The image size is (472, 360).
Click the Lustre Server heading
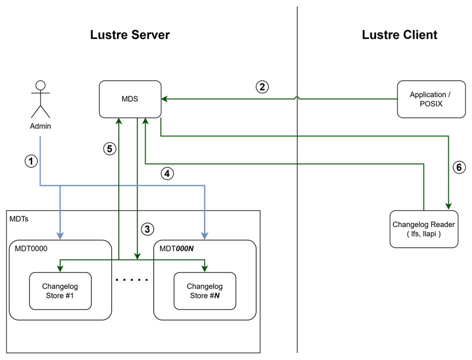tap(130, 35)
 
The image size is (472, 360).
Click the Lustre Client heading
tap(399, 35)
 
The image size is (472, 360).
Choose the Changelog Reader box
tap(424, 229)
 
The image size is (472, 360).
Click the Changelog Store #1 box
tap(60, 290)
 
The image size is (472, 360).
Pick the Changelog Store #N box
tap(204, 290)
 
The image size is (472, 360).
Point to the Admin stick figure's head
tap(41, 85)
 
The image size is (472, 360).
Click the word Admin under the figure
tap(41, 126)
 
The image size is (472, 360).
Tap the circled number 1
tap(32, 161)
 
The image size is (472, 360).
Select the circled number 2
tap(262, 86)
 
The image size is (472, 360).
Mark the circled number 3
tap(147, 229)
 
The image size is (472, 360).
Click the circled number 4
tap(168, 174)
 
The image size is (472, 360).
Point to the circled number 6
tap(459, 168)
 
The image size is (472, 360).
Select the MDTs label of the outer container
tap(19, 219)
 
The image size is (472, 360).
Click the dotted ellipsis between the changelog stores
tap(132, 280)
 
